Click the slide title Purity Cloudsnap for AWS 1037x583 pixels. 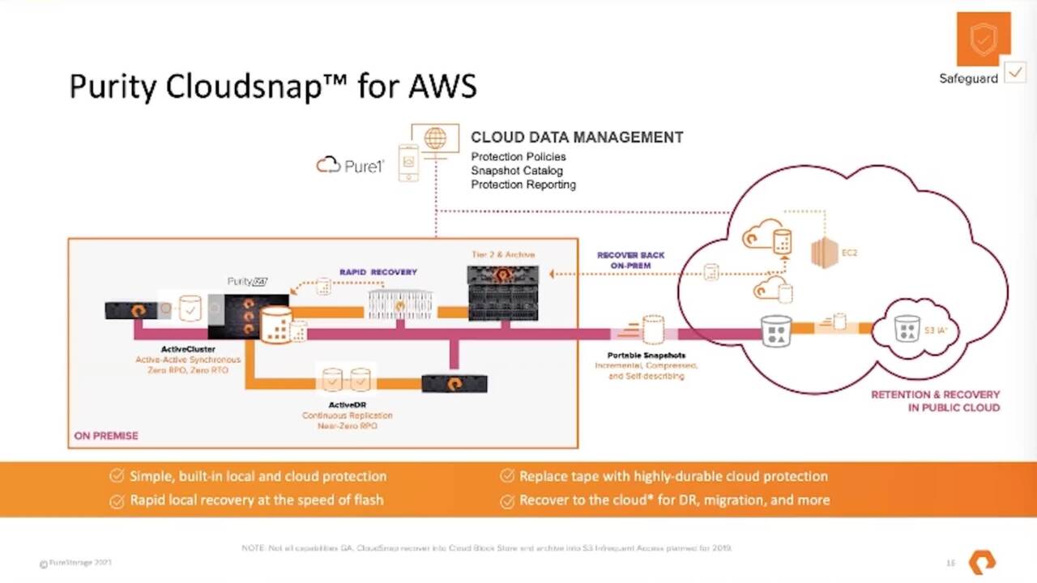272,86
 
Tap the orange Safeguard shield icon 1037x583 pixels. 983,39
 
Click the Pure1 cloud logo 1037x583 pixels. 350,165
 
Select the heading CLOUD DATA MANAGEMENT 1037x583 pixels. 577,138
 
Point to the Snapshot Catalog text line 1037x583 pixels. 517,171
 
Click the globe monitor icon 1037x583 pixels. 435,139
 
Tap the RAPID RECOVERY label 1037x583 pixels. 378,272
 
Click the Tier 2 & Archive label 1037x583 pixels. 503,254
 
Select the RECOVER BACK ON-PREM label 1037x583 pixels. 630,260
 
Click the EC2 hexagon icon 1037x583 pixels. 823,253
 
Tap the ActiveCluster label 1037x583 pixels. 188,349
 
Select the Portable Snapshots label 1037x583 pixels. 647,355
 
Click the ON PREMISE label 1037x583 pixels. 106,436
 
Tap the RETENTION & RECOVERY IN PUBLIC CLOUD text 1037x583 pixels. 935,401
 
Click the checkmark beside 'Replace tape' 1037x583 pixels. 507,476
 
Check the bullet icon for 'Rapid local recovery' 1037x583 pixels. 117,500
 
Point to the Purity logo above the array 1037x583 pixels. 247,281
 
